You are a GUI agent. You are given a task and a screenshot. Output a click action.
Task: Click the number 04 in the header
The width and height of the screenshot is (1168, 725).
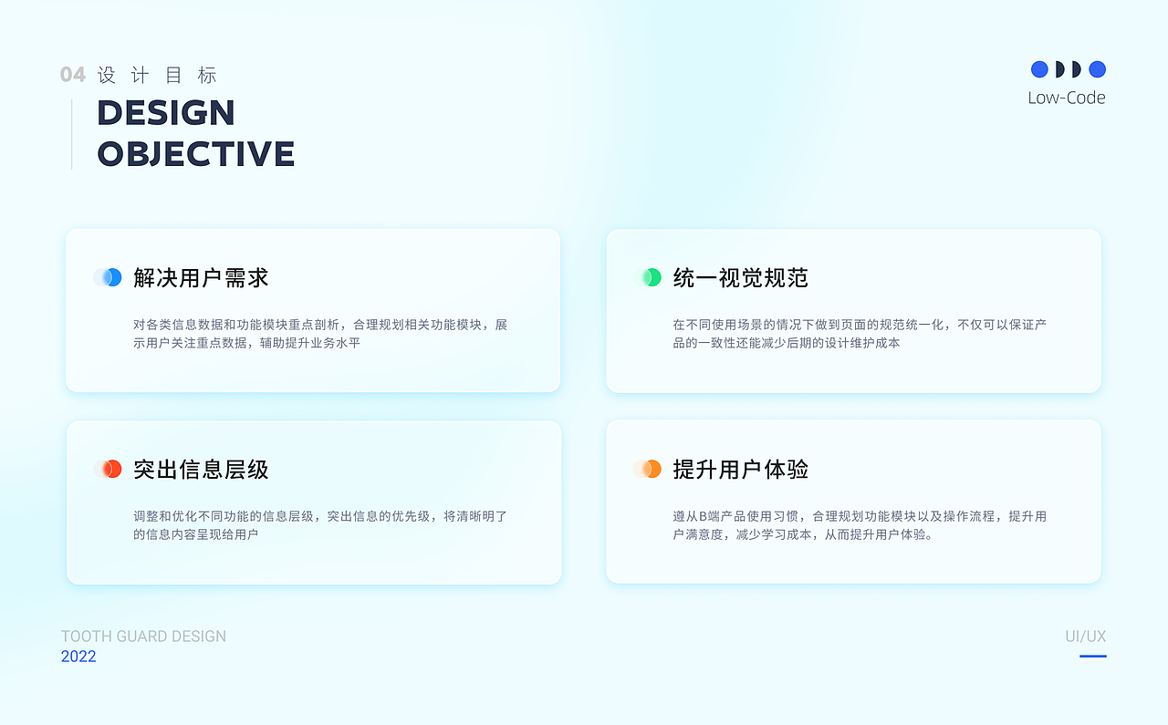[73, 75]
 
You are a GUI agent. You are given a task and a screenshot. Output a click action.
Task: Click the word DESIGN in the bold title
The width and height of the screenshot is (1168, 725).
[166, 113]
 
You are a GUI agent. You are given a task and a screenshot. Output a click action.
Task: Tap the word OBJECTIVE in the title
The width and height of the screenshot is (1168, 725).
[195, 153]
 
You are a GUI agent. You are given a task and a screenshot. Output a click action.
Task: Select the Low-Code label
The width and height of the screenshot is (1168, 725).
[1066, 98]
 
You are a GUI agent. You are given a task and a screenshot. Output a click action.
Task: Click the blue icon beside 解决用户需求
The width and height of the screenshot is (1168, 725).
[109, 277]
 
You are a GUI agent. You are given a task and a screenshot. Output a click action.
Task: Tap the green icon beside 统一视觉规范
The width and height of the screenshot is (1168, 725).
[649, 277]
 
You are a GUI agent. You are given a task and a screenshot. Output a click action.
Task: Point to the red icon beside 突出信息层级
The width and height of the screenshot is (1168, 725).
[109, 469]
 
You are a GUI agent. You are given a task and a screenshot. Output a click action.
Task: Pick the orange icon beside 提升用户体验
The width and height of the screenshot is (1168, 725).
[649, 469]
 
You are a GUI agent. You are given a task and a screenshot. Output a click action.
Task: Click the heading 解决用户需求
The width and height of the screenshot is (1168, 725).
[201, 277]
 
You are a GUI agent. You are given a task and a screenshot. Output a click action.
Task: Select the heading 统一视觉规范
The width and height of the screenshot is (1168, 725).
[740, 277]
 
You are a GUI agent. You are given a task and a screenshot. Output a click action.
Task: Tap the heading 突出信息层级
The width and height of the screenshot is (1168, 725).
[201, 470]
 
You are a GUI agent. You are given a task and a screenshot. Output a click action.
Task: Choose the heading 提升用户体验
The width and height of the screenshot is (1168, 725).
[740, 470]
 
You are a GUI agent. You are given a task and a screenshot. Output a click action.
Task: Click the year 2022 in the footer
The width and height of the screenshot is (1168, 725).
[78, 657]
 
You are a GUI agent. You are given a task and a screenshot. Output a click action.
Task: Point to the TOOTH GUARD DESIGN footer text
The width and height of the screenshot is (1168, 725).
[143, 637]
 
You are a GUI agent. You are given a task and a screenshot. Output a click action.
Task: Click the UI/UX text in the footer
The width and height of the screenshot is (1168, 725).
[1085, 637]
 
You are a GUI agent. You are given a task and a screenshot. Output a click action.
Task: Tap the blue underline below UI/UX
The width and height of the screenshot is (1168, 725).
[1092, 656]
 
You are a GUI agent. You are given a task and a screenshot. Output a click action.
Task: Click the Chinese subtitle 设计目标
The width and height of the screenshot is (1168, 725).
[157, 75]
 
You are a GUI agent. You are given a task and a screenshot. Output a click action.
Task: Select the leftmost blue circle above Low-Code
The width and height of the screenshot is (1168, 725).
[1039, 69]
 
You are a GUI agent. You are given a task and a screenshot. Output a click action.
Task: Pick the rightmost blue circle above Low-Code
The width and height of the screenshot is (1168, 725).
[1097, 69]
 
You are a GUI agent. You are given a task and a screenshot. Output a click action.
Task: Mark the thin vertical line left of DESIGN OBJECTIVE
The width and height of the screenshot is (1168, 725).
[72, 134]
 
